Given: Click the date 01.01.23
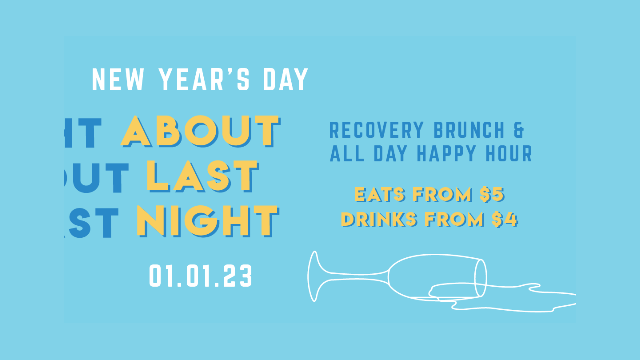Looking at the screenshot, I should pyautogui.click(x=200, y=276).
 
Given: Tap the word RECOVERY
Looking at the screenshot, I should pyautogui.click(x=376, y=130).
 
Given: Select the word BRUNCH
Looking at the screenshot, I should pyautogui.click(x=469, y=130).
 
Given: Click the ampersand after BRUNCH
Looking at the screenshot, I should pyautogui.click(x=519, y=130).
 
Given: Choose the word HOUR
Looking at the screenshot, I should pyautogui.click(x=509, y=154).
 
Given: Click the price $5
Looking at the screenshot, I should pyautogui.click(x=492, y=194).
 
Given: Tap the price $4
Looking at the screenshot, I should pyautogui.click(x=504, y=219).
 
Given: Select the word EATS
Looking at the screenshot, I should pyautogui.click(x=379, y=194).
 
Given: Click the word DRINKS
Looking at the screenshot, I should pyautogui.click(x=379, y=219).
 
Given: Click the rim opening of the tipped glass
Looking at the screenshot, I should pyautogui.click(x=480, y=278).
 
